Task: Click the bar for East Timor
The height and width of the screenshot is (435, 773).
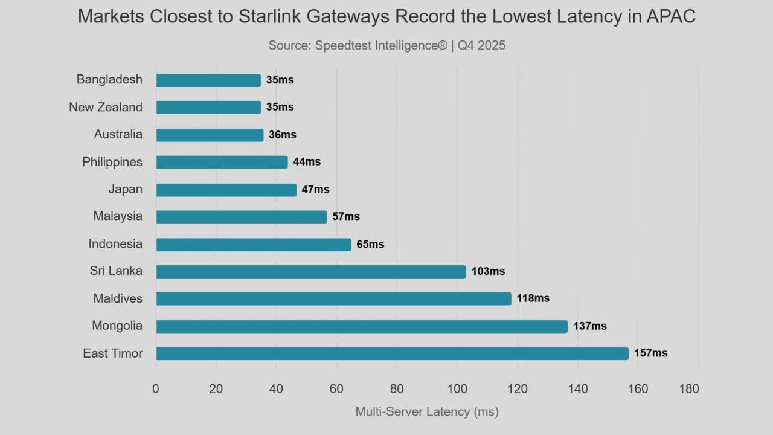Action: tap(392, 353)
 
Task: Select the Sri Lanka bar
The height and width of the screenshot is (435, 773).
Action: tap(311, 271)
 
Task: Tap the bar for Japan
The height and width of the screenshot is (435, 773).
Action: tap(226, 190)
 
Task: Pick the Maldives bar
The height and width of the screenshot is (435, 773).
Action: tap(333, 298)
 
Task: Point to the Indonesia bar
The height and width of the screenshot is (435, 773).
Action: tap(254, 244)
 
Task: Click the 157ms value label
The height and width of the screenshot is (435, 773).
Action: tap(650, 353)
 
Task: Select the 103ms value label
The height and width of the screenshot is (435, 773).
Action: tap(488, 271)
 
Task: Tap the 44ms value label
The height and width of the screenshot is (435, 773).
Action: tap(307, 162)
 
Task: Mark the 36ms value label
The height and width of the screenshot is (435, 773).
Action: tap(283, 135)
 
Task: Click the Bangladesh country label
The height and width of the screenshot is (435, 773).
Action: tap(109, 79)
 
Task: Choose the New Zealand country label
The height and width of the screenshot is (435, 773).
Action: tap(106, 107)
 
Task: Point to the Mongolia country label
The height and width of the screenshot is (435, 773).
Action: tap(117, 326)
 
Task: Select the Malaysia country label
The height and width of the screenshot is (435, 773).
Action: tap(118, 216)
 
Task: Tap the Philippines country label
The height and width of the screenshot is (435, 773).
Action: tap(112, 162)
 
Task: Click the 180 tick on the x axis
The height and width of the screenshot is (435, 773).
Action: tap(689, 389)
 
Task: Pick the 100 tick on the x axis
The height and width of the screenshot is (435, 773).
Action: tap(457, 389)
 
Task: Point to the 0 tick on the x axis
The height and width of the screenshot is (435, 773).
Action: tap(156, 389)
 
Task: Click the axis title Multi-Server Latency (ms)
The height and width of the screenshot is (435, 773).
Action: tap(427, 412)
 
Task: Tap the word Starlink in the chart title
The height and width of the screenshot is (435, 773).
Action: tap(262, 16)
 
